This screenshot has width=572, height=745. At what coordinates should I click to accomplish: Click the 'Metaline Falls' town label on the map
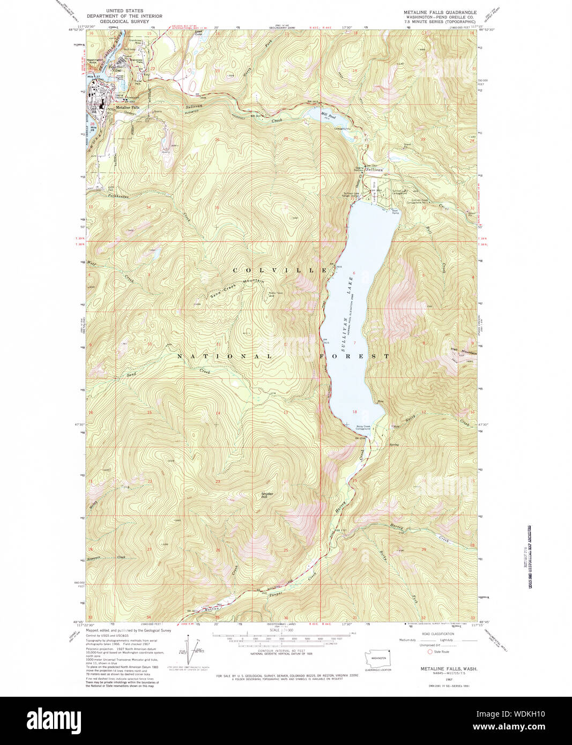(127, 108)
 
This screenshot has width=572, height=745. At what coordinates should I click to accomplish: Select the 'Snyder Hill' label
(267, 495)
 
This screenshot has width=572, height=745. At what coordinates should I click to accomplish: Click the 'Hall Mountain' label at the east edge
(463, 351)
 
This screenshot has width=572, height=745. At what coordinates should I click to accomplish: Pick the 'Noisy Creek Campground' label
(364, 428)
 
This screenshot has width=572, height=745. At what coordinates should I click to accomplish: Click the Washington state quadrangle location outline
(379, 658)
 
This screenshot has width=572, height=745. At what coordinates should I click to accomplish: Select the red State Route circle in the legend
(429, 652)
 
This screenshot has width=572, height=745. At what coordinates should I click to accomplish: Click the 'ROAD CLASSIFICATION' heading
(438, 634)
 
